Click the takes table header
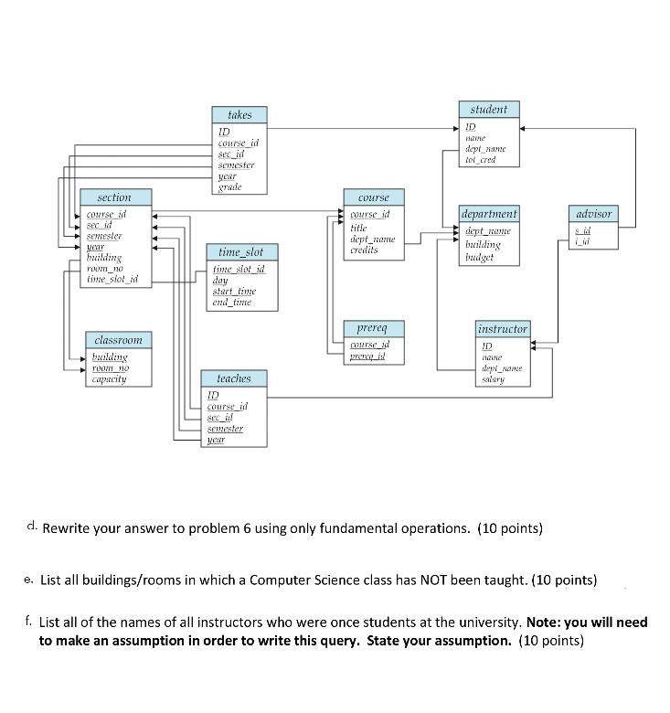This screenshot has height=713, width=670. [x=239, y=115]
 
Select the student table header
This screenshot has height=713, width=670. [x=489, y=110]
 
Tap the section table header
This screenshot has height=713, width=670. [x=114, y=197]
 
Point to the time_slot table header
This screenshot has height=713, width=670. [x=241, y=251]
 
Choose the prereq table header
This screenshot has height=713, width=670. [x=373, y=327]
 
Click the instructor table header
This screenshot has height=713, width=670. [x=503, y=328]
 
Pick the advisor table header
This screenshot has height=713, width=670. [x=593, y=214]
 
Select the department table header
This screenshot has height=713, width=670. [x=490, y=214]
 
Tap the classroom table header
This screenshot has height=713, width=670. [x=119, y=340]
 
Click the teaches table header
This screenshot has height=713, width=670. [x=234, y=378]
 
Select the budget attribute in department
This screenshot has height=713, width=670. [x=481, y=258]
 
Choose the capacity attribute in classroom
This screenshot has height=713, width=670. [x=109, y=378]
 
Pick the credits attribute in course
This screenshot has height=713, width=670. [x=365, y=250]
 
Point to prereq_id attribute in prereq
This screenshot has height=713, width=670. [x=370, y=357]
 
